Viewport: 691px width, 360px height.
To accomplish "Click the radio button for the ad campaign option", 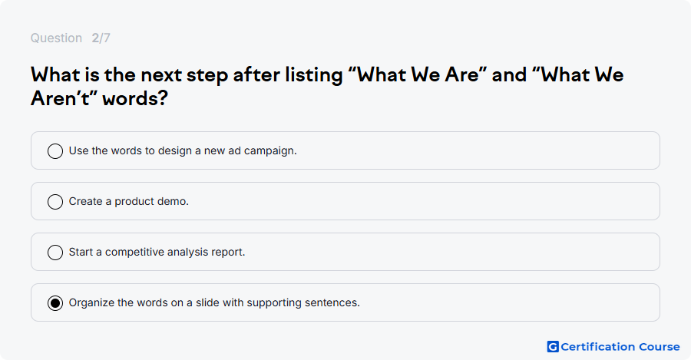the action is (x=55, y=150).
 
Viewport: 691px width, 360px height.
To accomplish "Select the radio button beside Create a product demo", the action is (x=55, y=201).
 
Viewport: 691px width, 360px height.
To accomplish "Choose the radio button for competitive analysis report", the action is (x=55, y=252).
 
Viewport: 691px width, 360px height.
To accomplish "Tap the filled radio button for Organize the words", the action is (x=55, y=302).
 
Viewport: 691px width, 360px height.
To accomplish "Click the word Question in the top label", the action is (x=56, y=38).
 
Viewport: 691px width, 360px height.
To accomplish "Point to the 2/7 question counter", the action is (x=101, y=38).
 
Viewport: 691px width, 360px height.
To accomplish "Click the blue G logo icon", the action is (x=553, y=347).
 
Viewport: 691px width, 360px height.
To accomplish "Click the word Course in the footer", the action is (x=660, y=347).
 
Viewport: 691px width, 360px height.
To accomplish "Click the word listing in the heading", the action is (x=314, y=75).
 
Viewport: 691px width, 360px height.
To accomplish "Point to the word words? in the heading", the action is (x=135, y=98).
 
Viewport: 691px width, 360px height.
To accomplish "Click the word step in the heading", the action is (x=207, y=76).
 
